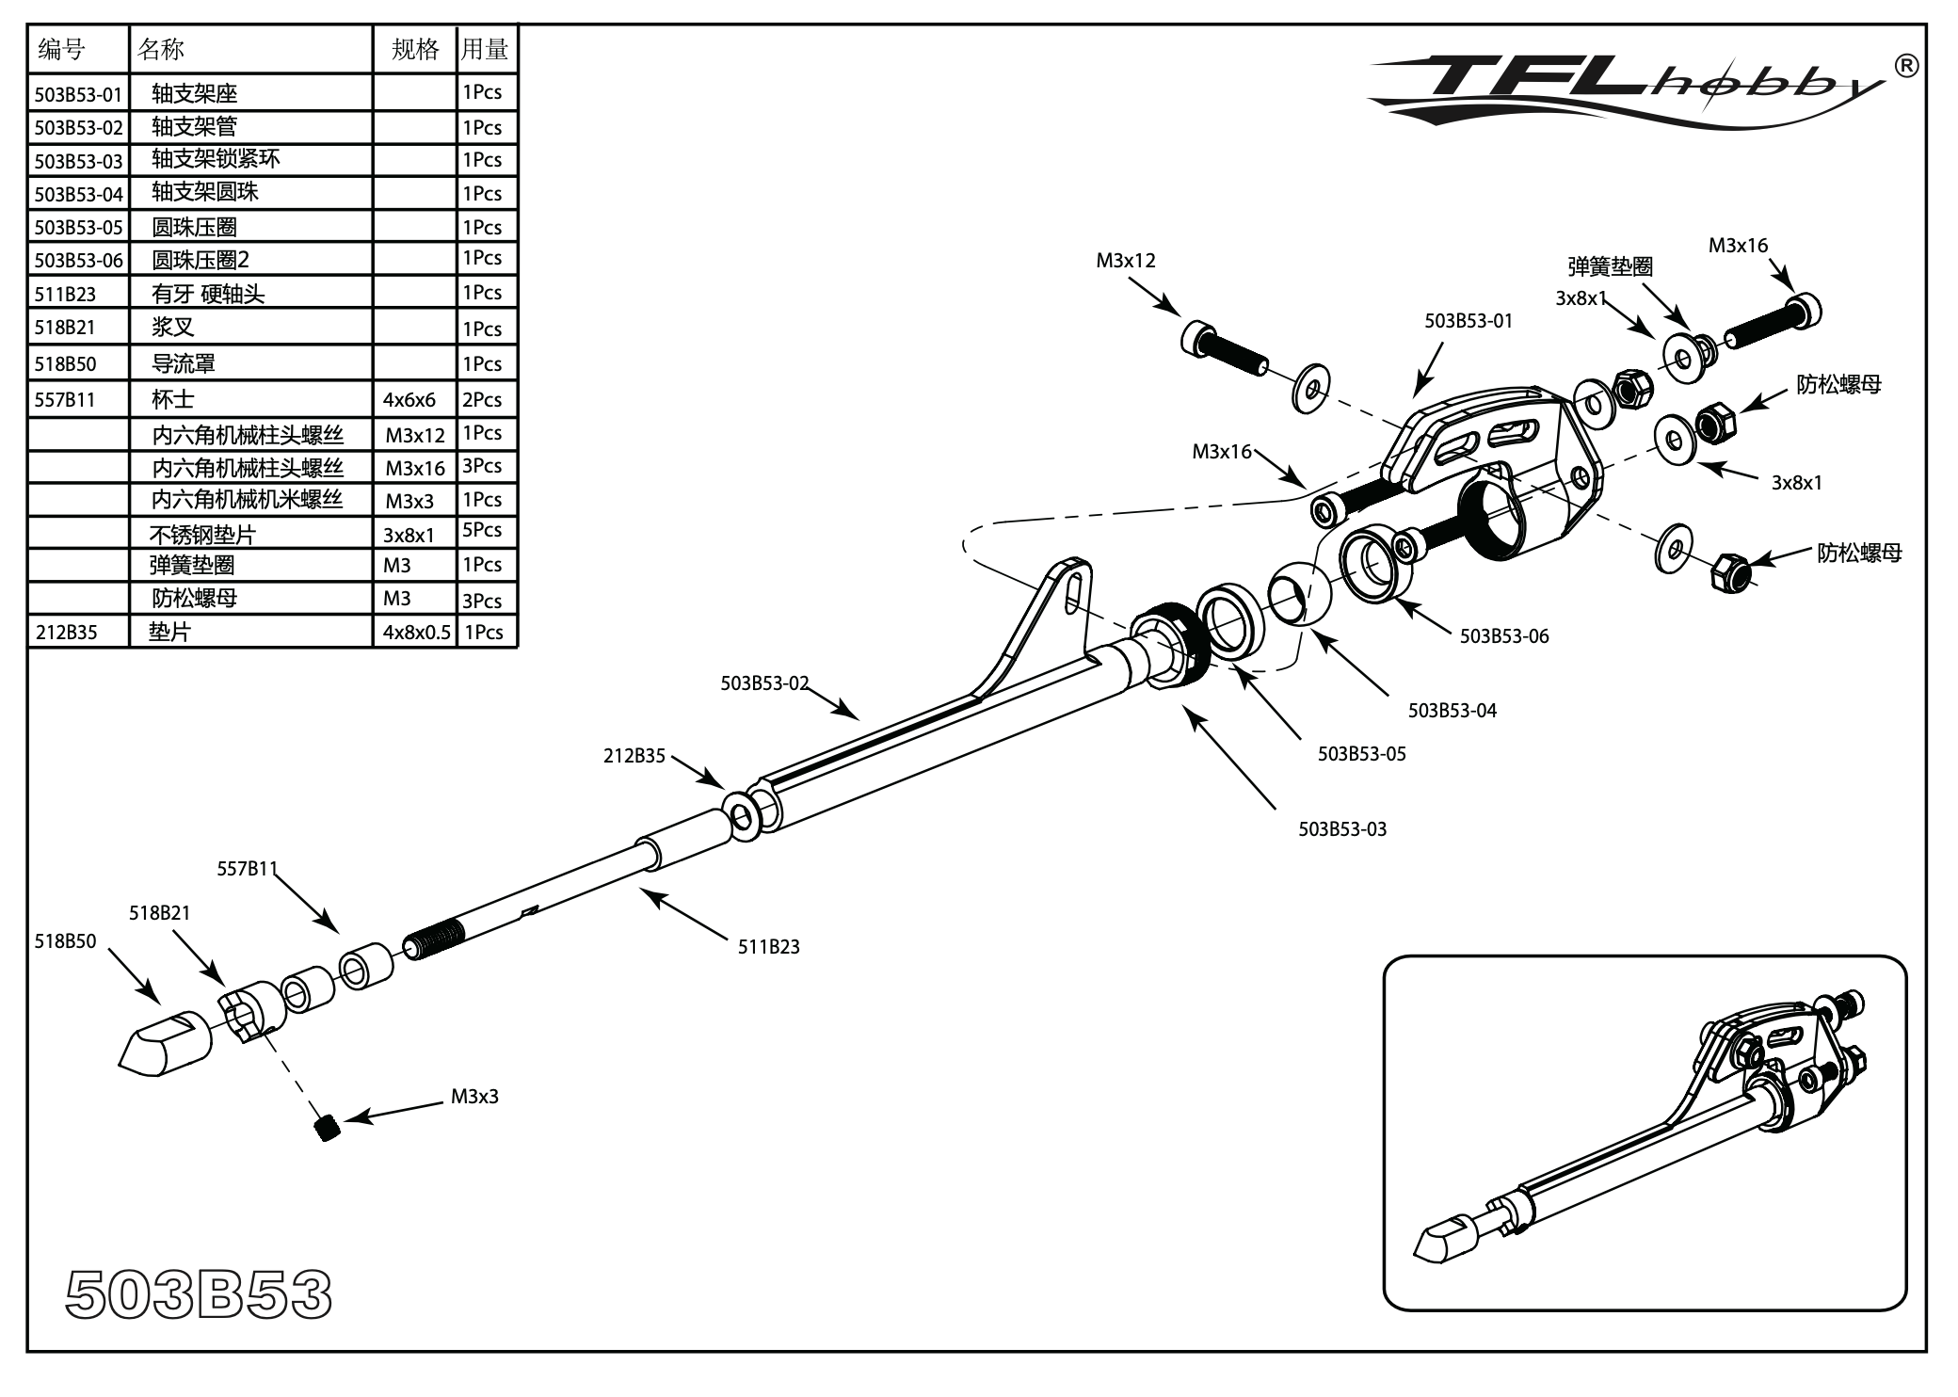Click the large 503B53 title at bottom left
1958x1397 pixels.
[x=199, y=1295]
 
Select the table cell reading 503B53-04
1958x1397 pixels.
[x=78, y=195]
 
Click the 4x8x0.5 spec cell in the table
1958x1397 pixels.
[x=416, y=633]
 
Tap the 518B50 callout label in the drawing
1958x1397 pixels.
[x=65, y=941]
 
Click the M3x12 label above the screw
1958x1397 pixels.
[x=1125, y=261]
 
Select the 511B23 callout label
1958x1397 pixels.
[x=768, y=947]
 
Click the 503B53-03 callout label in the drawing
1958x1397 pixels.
[x=1341, y=829]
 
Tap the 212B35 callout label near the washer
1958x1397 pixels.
[x=634, y=756]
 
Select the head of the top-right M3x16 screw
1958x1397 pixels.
[x=1803, y=311]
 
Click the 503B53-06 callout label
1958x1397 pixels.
[x=1503, y=636]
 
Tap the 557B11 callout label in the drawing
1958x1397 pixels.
[x=247, y=869]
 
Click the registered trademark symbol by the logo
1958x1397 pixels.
[x=1904, y=66]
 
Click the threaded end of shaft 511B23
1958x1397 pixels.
[x=434, y=939]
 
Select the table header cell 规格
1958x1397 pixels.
[x=415, y=50]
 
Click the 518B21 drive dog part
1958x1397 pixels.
[x=249, y=1011]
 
